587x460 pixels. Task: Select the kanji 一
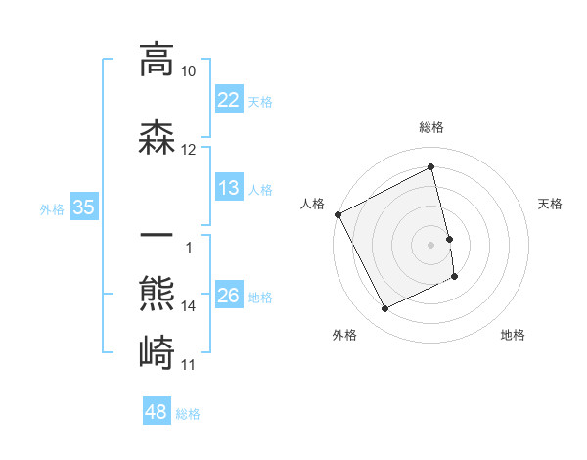click(157, 238)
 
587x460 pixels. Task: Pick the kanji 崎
click(157, 350)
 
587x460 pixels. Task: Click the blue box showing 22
click(228, 99)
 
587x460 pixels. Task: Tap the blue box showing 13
click(228, 187)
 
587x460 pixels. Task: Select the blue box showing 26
click(228, 295)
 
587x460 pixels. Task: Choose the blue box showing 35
click(83, 207)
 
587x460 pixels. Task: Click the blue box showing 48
click(157, 412)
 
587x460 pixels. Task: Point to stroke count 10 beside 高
click(189, 71)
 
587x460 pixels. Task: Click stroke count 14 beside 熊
click(189, 306)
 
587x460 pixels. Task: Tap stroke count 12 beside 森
click(189, 150)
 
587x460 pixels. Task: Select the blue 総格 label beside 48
click(188, 414)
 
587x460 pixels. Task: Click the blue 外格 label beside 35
click(52, 208)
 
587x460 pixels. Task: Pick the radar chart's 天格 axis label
click(551, 204)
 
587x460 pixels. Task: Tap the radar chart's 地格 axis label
click(513, 335)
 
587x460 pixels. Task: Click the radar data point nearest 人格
click(338, 214)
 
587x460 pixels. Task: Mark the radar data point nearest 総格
click(431, 167)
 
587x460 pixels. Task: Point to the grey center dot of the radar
click(431, 244)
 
